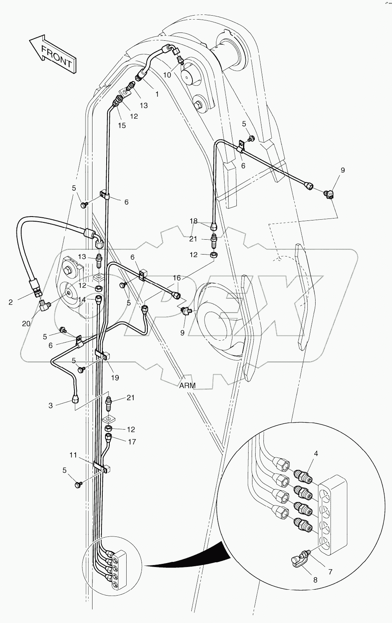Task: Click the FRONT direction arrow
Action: pos(52,53)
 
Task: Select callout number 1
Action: pos(157,94)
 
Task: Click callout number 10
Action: pos(167,75)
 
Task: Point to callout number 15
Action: pos(122,125)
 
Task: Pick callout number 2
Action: pos(11,302)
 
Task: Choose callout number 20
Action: pos(26,323)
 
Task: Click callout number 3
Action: pos(51,406)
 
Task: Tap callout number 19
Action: pos(115,378)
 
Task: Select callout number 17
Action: pos(132,442)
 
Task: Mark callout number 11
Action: pos(73,455)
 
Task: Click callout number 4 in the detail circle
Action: pos(316,454)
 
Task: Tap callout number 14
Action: pos(82,300)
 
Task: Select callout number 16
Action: pos(177,278)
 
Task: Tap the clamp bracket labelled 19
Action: pos(103,356)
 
